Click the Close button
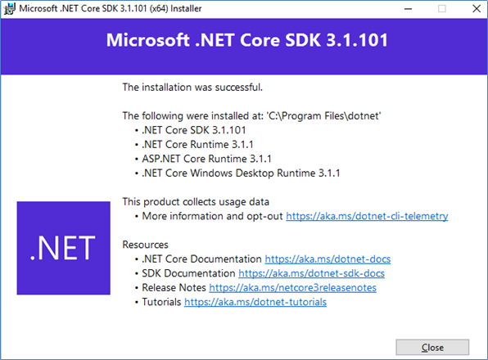coord(432,347)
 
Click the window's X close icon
coord(477,9)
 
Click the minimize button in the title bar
coord(408,9)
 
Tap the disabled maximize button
coord(442,9)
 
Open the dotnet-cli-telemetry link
coord(367,216)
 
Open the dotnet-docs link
coord(328,259)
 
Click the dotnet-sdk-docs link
coord(311,273)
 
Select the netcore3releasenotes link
coord(292,287)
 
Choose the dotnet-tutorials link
coord(255,302)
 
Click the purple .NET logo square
coord(64,248)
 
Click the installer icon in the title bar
coord(9,9)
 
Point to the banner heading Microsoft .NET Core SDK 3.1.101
coord(247,40)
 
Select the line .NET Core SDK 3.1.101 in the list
coord(194,130)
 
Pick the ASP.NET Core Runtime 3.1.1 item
coord(206,159)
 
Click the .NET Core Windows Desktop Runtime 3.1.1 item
coord(241,173)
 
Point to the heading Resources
coord(146,245)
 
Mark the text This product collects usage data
coord(196,202)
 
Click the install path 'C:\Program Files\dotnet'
coord(323,116)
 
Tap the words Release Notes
coord(174,287)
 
